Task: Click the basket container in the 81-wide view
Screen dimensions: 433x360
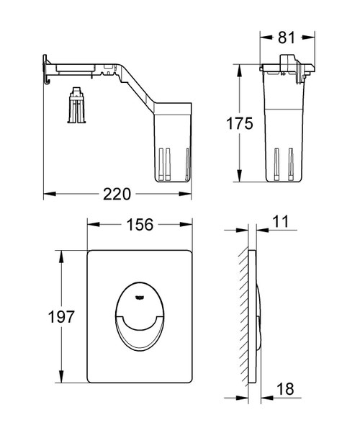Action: (286, 130)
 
